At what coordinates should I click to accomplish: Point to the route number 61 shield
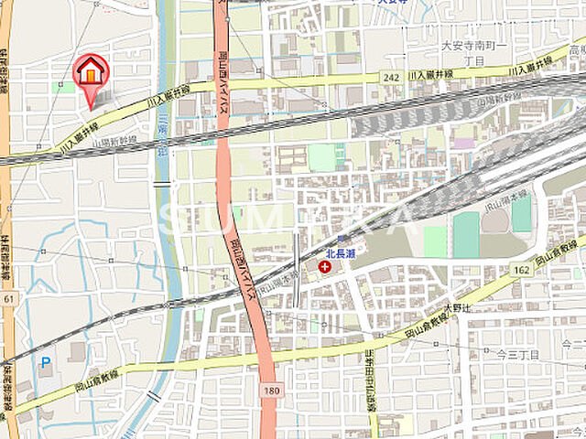point(8,298)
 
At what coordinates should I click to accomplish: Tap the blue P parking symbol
point(46,362)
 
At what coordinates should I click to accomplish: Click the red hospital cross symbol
point(324,266)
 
